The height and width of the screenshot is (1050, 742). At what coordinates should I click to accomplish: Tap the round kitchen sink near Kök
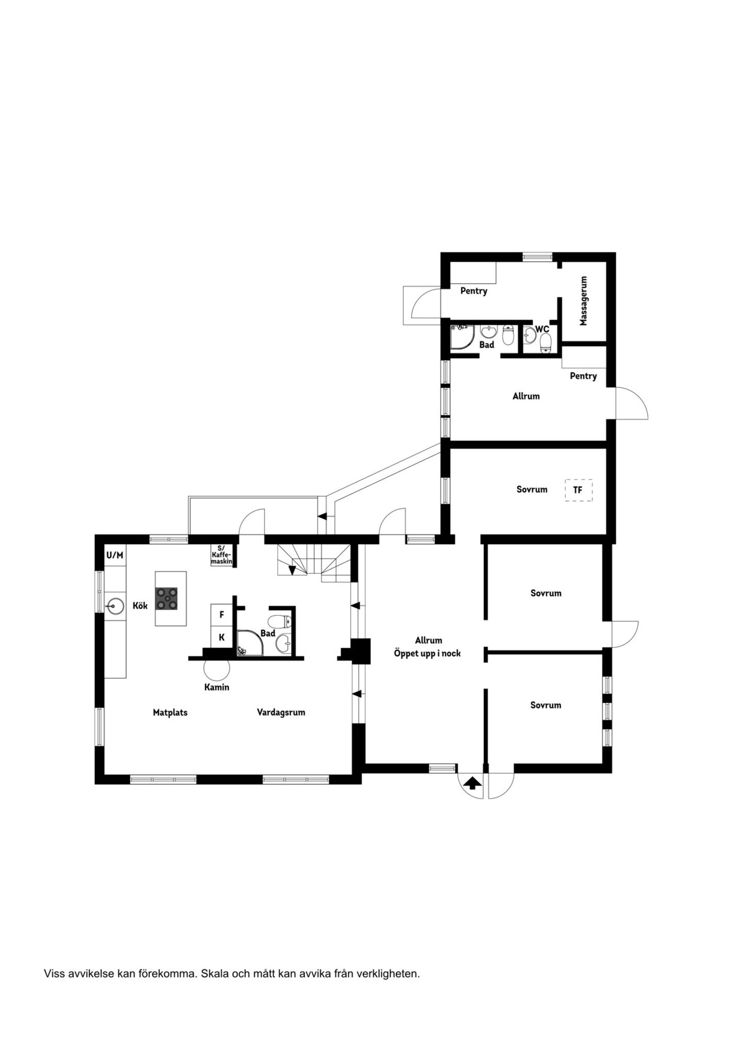[114, 606]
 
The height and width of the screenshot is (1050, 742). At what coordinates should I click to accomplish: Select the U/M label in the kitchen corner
[114, 555]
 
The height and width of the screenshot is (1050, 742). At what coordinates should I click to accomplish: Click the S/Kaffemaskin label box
[222, 556]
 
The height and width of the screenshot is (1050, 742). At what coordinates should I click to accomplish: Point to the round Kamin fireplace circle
[216, 669]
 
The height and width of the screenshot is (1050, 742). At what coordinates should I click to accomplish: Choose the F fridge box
[222, 615]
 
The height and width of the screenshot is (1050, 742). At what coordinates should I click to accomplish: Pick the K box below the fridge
[222, 637]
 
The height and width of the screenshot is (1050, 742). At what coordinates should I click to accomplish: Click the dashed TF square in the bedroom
[578, 490]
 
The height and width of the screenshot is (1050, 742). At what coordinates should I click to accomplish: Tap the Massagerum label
[583, 301]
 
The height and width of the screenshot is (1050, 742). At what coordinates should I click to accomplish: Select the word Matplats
[170, 712]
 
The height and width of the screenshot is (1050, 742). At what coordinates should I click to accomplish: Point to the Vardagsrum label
[281, 712]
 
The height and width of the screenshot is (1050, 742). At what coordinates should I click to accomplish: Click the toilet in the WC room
[545, 343]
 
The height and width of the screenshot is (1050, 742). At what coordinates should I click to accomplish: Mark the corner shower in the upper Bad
[462, 337]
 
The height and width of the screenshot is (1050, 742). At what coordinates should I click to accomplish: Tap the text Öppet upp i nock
[427, 654]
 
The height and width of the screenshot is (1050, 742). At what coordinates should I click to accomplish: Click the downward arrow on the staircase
[292, 570]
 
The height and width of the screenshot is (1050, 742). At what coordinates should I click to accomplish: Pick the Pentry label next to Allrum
[583, 376]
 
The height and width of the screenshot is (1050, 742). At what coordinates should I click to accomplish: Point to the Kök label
[140, 606]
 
